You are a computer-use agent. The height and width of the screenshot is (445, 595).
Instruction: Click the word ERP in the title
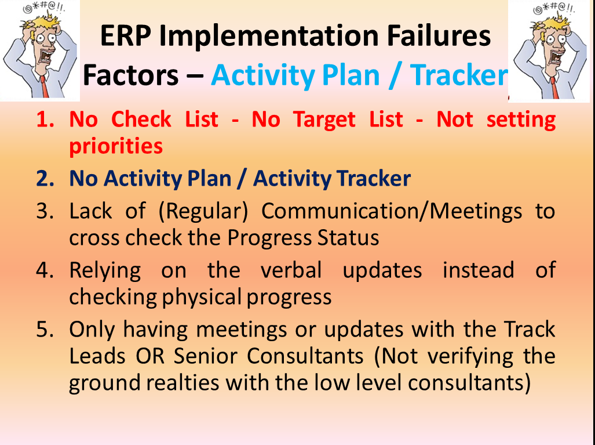tap(125, 36)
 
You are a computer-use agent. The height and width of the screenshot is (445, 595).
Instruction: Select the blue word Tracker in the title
tap(459, 75)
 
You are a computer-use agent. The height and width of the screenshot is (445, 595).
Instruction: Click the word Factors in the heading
tap(130, 75)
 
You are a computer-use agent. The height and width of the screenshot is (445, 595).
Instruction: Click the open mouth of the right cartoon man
tap(557, 57)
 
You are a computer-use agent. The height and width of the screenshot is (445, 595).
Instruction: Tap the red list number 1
tap(45, 120)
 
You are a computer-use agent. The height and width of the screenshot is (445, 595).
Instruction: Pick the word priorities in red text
tap(116, 146)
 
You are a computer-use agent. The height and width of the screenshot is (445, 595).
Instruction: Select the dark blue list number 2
tap(45, 179)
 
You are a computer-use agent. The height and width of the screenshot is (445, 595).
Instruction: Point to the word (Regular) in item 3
tap(203, 212)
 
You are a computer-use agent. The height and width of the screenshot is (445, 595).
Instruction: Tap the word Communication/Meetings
tap(392, 212)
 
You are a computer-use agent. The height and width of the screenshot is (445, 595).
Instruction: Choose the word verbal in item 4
tap(291, 270)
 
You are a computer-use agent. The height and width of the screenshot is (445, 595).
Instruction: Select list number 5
tap(45, 330)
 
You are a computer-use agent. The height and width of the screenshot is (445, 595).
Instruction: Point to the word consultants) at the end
tap(469, 383)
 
